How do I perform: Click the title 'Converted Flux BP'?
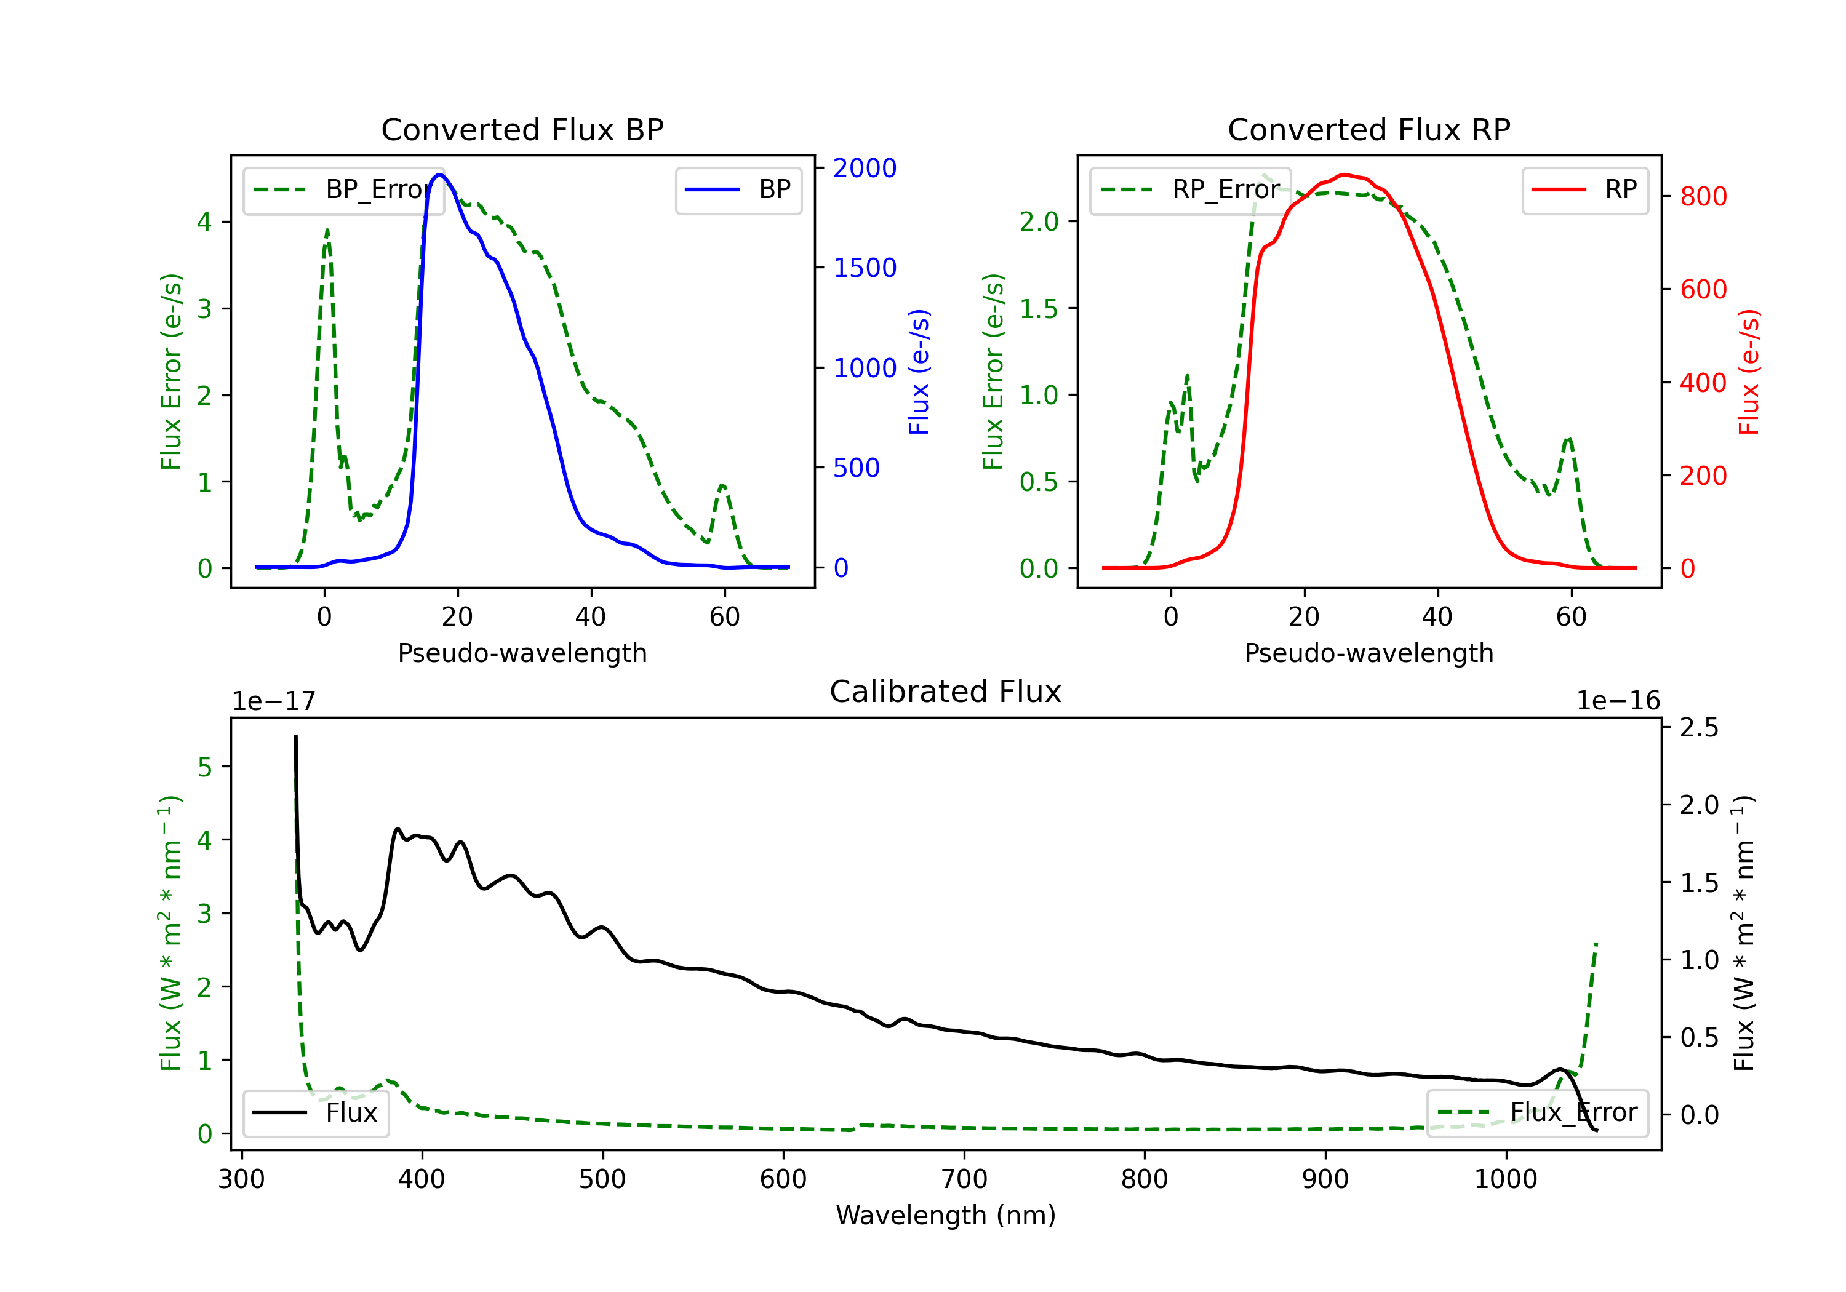click(522, 129)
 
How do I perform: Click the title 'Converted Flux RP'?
click(1369, 129)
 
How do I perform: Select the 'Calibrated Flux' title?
click(946, 692)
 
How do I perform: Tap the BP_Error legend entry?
click(343, 189)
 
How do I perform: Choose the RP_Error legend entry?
click(1190, 189)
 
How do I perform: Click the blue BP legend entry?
click(738, 189)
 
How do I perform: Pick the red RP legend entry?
click(1584, 189)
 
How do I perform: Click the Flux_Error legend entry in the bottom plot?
click(1536, 1113)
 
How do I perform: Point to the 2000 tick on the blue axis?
click(865, 168)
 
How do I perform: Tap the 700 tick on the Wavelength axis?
click(964, 1179)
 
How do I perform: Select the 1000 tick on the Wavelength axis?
click(1506, 1179)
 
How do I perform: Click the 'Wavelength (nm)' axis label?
click(946, 1216)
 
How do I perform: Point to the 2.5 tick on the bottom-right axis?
click(1699, 728)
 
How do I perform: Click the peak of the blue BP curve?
click(439, 175)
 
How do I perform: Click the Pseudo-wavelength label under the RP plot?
click(1369, 653)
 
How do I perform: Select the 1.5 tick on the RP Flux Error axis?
click(1039, 309)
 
